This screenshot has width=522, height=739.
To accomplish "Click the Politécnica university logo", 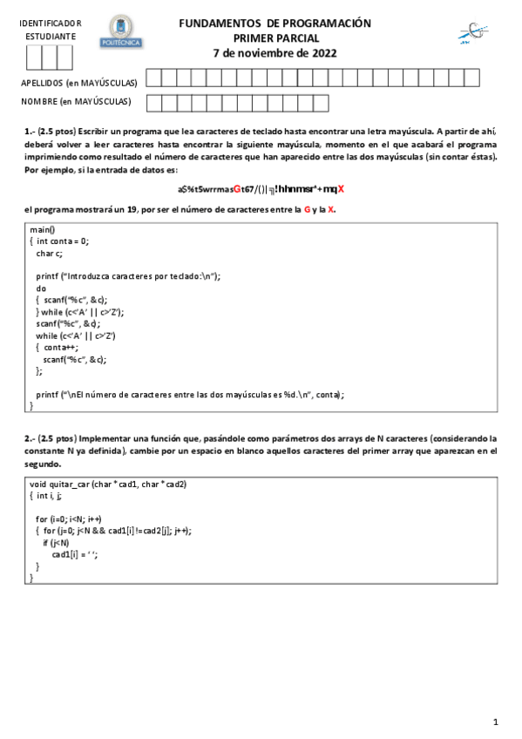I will tap(122, 31).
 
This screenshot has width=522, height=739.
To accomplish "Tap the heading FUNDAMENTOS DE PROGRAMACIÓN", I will tap(275, 24).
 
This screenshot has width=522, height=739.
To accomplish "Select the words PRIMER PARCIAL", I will tap(275, 38).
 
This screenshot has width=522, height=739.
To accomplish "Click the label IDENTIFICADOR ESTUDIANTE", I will tap(51, 30).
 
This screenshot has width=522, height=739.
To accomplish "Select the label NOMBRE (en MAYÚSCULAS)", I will tap(76, 102).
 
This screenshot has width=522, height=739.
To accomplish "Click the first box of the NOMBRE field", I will tap(153, 103).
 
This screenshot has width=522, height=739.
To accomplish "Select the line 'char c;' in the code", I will tap(49, 253).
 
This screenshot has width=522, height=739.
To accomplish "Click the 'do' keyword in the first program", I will tap(41, 287).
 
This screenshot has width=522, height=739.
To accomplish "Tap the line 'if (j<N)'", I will tap(57, 542).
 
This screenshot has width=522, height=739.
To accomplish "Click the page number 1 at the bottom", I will tap(495, 722).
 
